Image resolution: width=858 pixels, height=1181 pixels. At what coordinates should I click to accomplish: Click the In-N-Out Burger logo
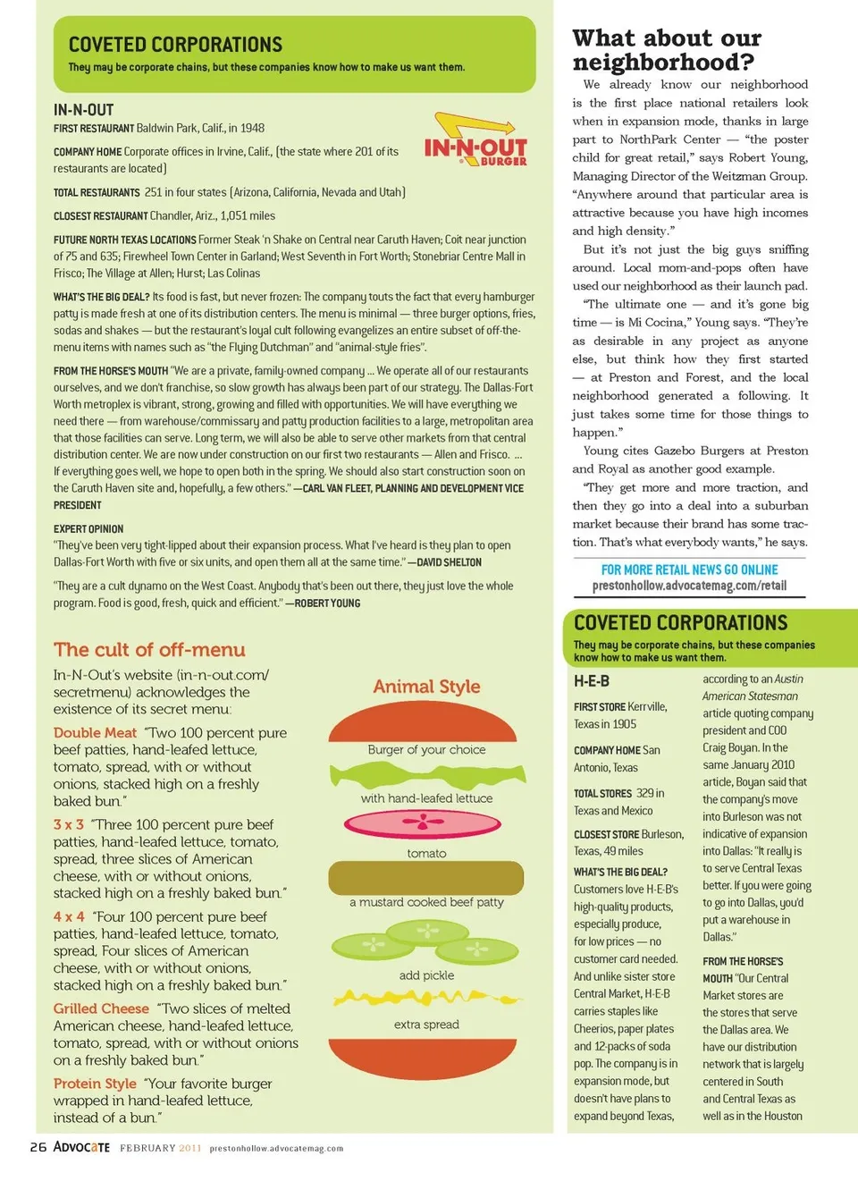coord(475,141)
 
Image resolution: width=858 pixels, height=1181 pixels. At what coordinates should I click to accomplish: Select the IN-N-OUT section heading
coord(84,110)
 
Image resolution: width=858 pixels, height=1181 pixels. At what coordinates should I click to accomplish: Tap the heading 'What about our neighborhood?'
coord(667,50)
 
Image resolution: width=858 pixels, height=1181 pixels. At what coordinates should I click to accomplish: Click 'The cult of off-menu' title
coord(149,650)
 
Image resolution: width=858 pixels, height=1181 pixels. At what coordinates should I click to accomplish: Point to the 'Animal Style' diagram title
coord(426,687)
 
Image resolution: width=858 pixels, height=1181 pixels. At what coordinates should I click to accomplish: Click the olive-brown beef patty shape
coord(425,878)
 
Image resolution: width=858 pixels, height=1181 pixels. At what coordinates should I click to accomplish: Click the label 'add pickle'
coord(426,975)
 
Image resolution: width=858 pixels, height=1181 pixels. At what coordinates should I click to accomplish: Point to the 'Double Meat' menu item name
coord(95,733)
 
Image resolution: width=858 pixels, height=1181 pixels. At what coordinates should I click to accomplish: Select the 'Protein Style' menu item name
coord(95,1084)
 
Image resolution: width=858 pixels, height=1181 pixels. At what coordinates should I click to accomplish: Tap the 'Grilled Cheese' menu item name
coord(101,1008)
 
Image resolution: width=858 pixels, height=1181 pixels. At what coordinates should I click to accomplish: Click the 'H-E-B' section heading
coord(592,681)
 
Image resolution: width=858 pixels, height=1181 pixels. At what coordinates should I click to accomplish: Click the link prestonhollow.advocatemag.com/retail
coord(689,586)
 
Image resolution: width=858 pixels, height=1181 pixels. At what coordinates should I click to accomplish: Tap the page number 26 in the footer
coord(38,1147)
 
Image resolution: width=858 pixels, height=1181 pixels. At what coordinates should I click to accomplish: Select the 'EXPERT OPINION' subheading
coord(88,528)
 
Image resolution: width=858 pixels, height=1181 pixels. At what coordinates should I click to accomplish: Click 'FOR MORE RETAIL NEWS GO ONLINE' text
coord(689,569)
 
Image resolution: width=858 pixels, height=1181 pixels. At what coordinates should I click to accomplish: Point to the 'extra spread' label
coord(426,1025)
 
